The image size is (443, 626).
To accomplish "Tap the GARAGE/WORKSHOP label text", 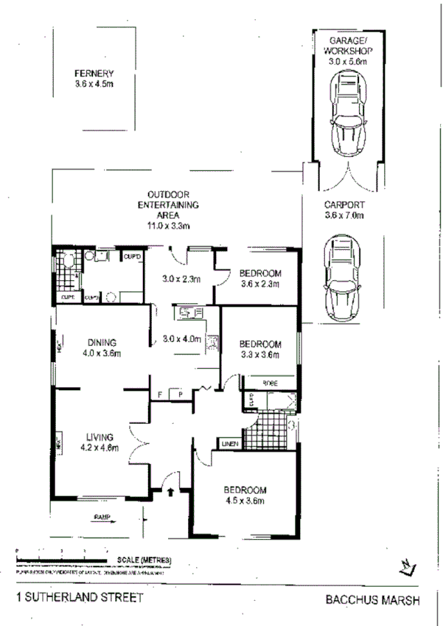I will pyautogui.click(x=346, y=52).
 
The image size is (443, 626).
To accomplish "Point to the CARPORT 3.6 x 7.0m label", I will pyautogui.click(x=345, y=210).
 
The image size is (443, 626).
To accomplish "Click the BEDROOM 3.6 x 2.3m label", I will pyautogui.click(x=260, y=278).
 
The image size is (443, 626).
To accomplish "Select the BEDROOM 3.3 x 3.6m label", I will pyautogui.click(x=260, y=349).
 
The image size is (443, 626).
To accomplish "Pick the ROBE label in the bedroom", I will pyautogui.click(x=271, y=382).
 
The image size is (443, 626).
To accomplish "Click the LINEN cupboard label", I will pyautogui.click(x=228, y=443).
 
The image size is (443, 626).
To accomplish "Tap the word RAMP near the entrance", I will pyautogui.click(x=101, y=516).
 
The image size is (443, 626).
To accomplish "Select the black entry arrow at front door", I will pyautogui.click(x=172, y=490).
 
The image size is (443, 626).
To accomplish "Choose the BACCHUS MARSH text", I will pyautogui.click(x=373, y=599).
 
